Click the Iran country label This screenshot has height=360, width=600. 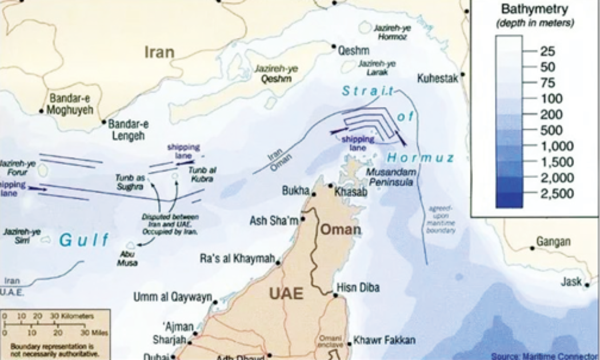pyautogui.click(x=159, y=53)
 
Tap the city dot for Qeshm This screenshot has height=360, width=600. pyautogui.click(x=334, y=46)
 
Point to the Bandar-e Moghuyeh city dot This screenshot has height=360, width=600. pyautogui.click(x=42, y=111)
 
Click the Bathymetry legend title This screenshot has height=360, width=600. pyautogui.click(x=534, y=9)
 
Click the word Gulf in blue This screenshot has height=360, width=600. pyautogui.click(x=84, y=240)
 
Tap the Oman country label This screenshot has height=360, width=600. pyautogui.click(x=340, y=230)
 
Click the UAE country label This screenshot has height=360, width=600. pyautogui.click(x=286, y=294)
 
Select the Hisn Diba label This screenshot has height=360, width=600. pyautogui.click(x=358, y=288)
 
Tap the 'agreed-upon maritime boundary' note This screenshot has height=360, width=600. pyautogui.click(x=441, y=219)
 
